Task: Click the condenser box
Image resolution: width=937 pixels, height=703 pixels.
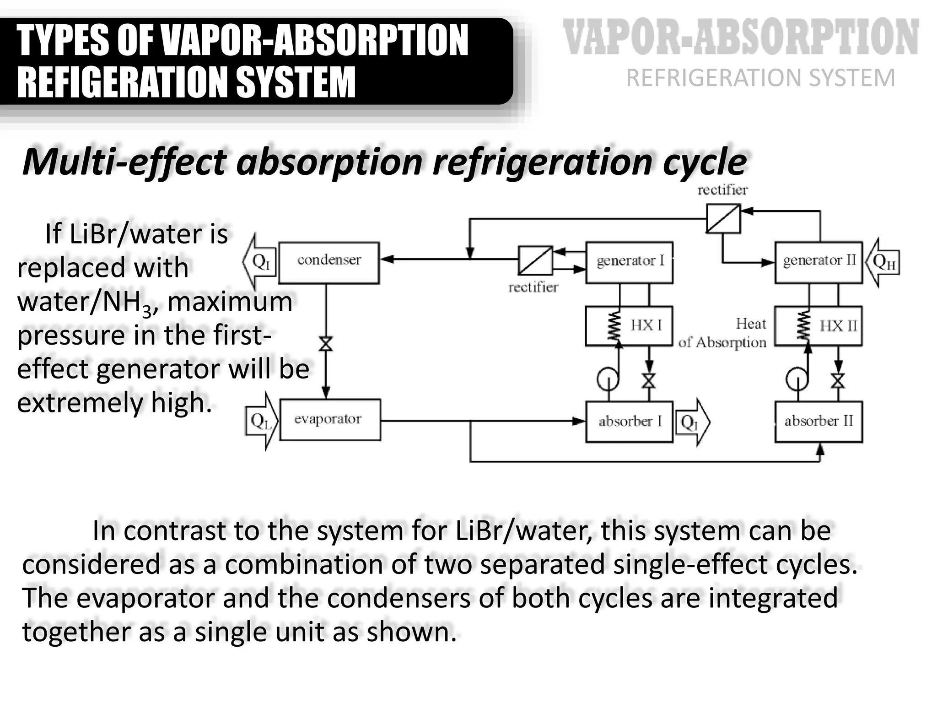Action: [328, 263]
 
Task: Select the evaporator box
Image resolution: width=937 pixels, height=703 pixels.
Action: [329, 420]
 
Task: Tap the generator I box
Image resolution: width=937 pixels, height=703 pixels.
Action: [629, 262]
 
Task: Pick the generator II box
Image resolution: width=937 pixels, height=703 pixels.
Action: [818, 262]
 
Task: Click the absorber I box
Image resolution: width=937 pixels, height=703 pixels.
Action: [629, 422]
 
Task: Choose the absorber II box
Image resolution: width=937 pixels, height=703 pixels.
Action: [818, 422]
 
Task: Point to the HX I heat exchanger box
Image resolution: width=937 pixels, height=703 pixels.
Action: [629, 326]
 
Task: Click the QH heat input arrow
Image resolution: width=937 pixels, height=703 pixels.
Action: [883, 262]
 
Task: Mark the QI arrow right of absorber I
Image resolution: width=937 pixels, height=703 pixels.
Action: [692, 422]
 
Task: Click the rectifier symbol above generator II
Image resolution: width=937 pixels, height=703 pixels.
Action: [723, 218]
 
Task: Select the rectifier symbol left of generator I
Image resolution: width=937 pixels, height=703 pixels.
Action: [535, 260]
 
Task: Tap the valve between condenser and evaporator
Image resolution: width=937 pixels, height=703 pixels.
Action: [326, 344]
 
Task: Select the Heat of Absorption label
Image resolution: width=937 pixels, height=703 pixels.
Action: [723, 334]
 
